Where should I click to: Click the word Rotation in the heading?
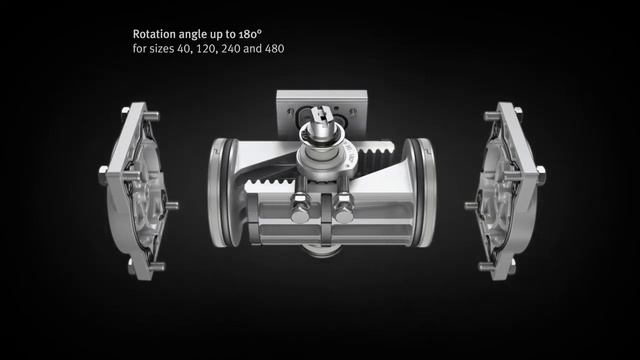155,32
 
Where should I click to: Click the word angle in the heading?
198,32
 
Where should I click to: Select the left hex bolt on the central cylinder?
297,211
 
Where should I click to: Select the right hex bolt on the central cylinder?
343,211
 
